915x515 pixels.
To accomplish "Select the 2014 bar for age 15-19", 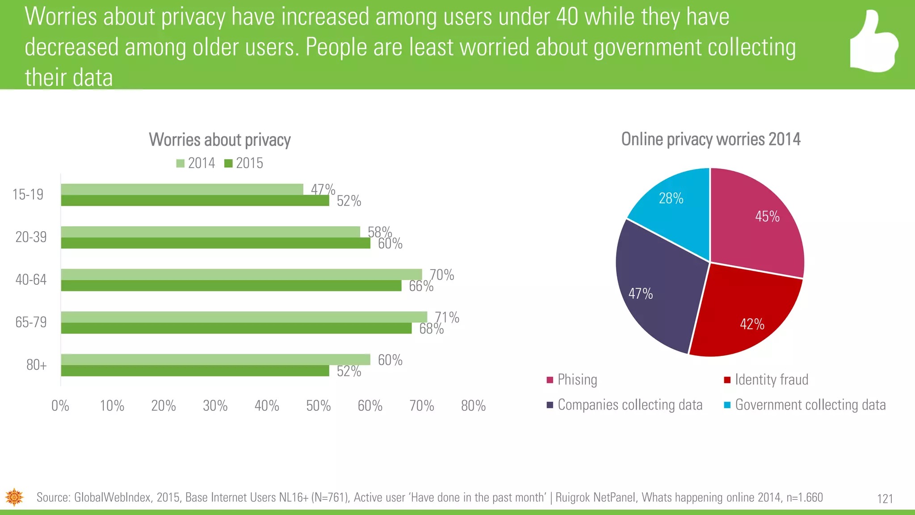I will point(182,189).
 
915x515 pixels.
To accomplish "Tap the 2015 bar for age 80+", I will point(195,371).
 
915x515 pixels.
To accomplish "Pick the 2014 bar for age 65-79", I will point(244,317).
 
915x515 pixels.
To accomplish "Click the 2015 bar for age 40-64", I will point(231,286).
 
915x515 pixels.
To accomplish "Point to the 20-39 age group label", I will point(31,237).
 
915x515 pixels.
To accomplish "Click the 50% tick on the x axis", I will point(318,406).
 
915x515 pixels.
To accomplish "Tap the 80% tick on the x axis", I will point(473,406).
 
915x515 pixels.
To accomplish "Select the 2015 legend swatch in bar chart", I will point(228,164).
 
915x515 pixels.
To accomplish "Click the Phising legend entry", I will point(577,380).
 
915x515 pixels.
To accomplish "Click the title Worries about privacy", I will point(219,140).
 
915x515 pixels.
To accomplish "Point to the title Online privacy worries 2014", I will point(710,139).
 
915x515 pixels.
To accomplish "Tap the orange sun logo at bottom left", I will point(14,497).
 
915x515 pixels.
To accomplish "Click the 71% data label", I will point(447,317).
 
